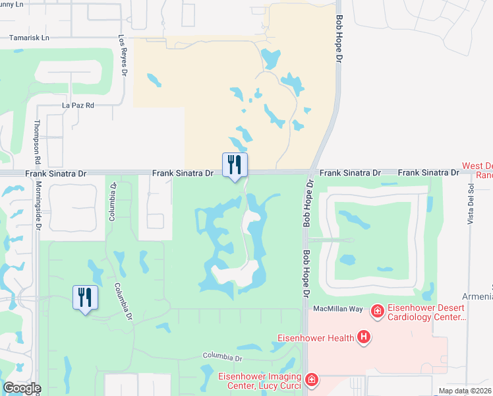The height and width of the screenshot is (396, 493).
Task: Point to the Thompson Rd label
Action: click(38, 142)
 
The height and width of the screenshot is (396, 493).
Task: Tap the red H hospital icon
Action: click(363, 338)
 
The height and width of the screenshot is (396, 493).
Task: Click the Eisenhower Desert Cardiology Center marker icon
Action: click(378, 310)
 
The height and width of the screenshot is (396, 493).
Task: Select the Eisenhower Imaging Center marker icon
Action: click(311, 380)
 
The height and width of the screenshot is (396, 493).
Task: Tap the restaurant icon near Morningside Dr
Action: click(85, 298)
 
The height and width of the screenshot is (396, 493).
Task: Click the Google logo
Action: click(21, 388)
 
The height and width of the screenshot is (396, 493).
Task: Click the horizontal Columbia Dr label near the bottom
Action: click(223, 356)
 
